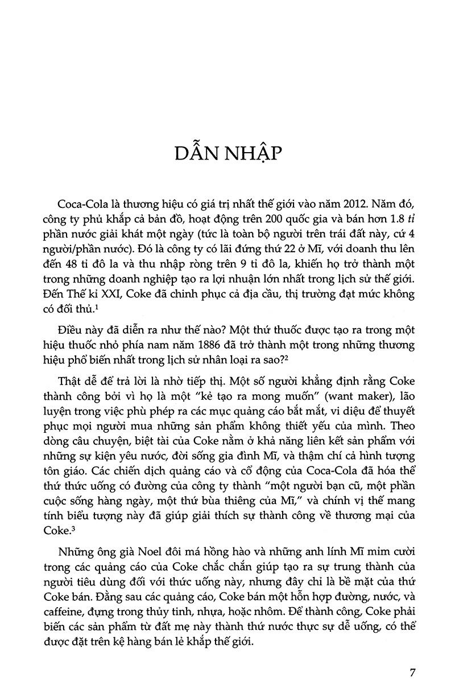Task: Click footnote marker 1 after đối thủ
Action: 97,307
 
